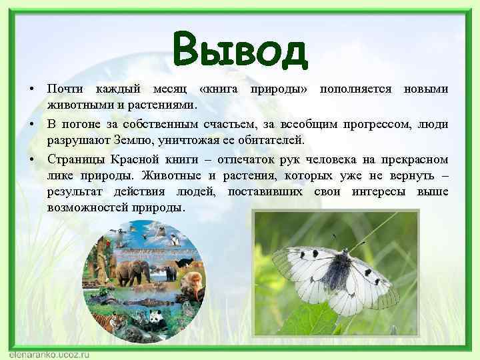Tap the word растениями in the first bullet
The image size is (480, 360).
161,105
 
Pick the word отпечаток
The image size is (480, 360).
250,159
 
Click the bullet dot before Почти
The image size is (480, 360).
31,90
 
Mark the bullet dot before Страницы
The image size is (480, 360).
31,160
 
